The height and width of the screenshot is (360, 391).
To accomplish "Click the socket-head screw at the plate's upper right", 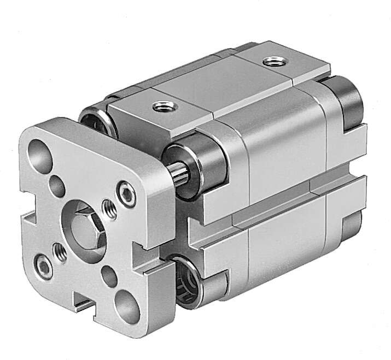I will pos(127,195).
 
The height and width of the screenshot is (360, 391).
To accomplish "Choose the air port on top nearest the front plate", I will pos(160,105).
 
